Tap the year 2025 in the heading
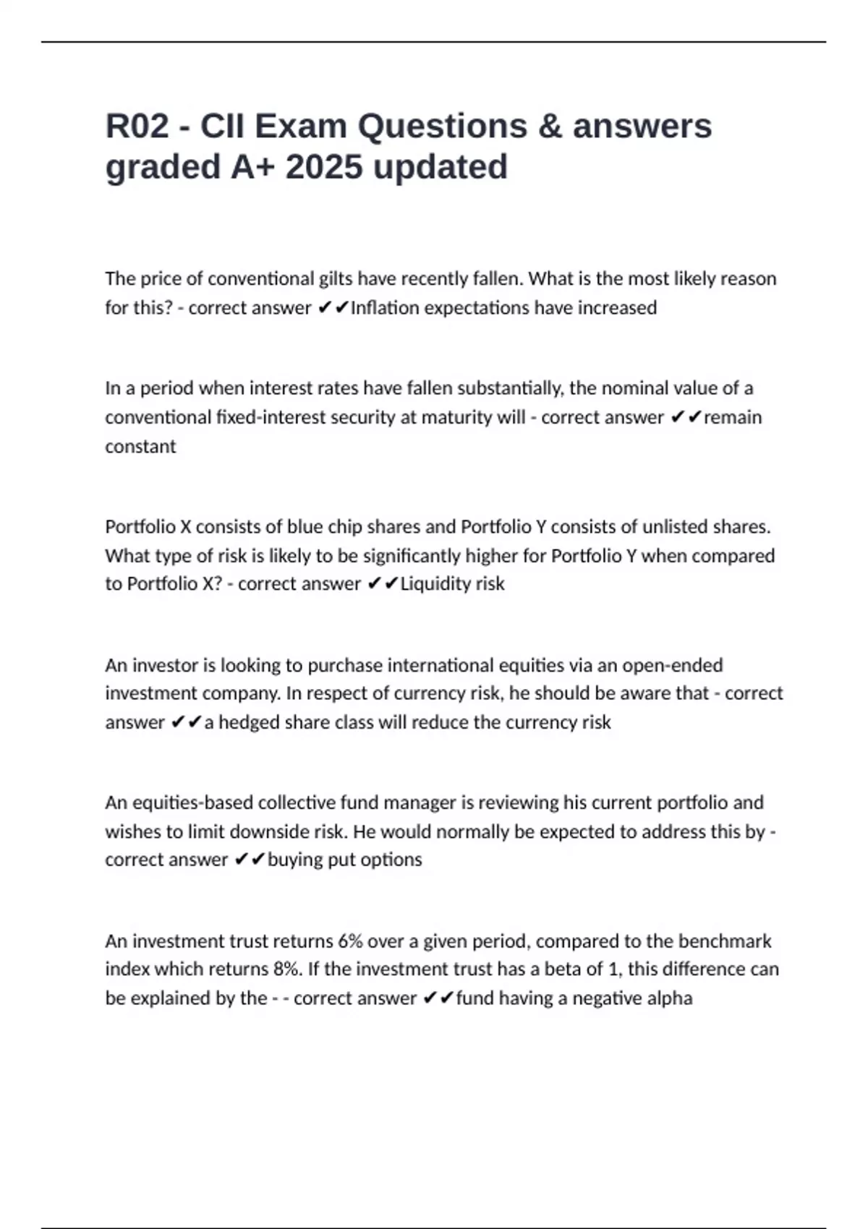[x=324, y=167]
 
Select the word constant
[x=140, y=447]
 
